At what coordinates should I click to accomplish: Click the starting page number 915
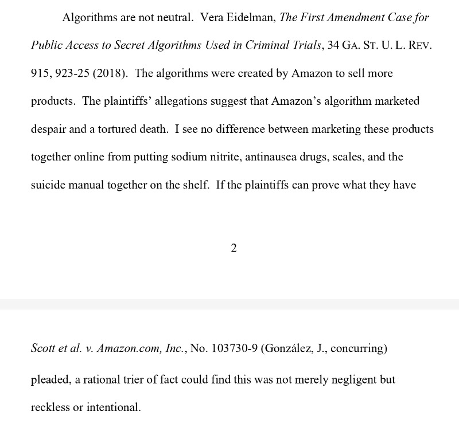click(x=40, y=74)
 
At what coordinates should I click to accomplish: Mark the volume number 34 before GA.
click(x=333, y=46)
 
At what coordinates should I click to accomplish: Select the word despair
click(x=49, y=129)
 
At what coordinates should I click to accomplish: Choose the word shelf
click(x=194, y=185)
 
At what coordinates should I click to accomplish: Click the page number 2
click(x=234, y=248)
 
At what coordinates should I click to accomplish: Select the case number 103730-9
click(x=234, y=348)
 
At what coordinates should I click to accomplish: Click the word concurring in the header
click(x=359, y=348)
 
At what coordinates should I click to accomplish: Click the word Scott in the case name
click(x=43, y=348)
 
